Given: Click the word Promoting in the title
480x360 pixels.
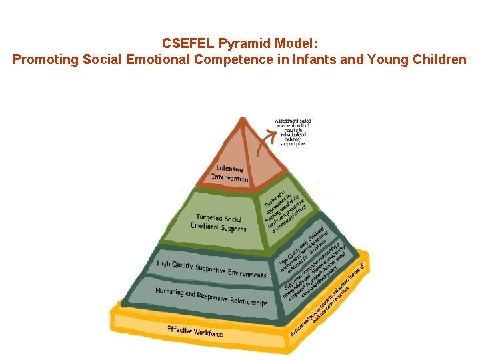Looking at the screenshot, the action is pos(45,59).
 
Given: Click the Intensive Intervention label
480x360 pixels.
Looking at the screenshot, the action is pos(230,173).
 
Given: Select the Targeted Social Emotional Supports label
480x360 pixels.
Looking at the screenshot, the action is pos(218,223).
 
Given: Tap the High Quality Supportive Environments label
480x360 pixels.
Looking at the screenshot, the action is pos(211,269).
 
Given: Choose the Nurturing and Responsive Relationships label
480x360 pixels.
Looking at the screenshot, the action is pos(211,297).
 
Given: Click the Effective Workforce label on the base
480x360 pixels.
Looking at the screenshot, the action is pos(195,331).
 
